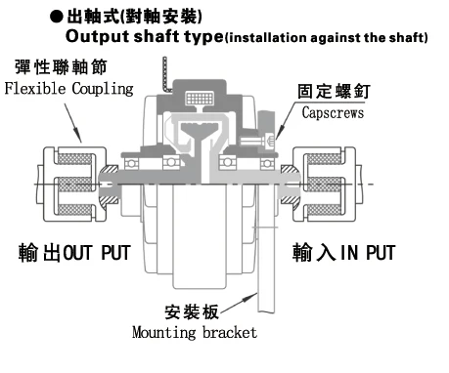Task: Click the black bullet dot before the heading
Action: point(57,17)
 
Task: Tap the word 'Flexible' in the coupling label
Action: point(35,88)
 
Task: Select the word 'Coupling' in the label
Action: point(103,89)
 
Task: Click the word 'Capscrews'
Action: point(333,113)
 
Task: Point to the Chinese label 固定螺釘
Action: point(334,92)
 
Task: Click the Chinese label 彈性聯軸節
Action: point(61,67)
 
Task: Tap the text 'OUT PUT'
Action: point(97,253)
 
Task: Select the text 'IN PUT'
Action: point(368,252)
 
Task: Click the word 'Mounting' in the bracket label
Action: point(164,333)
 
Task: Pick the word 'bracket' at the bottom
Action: point(230,332)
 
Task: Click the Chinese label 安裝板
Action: point(192,311)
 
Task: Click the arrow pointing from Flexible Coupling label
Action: point(72,123)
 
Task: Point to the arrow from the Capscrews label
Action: point(286,121)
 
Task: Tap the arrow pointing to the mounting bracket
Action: point(239,303)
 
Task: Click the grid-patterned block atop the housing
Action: point(200,98)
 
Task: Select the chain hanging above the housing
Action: point(166,74)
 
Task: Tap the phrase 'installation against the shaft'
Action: point(327,38)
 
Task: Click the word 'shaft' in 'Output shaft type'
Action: point(157,36)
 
